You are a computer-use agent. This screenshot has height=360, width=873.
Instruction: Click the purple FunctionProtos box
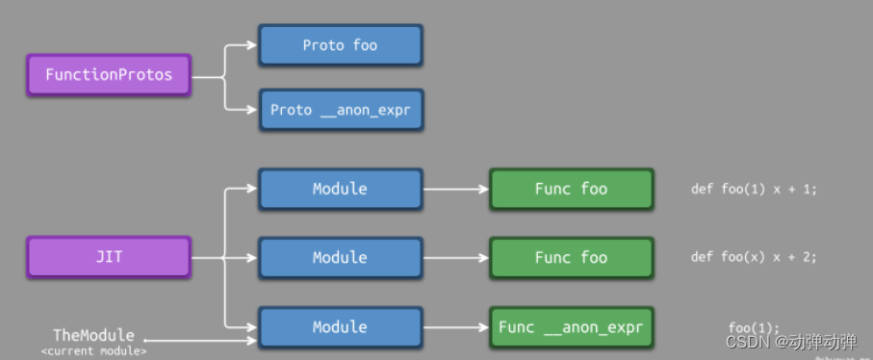click(x=109, y=75)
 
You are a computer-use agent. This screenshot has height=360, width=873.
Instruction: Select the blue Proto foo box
click(x=340, y=45)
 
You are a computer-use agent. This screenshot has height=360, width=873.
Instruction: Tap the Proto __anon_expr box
click(x=340, y=110)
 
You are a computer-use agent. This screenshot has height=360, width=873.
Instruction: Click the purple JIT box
click(x=109, y=258)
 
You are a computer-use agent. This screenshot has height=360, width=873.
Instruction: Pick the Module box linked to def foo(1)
click(x=340, y=189)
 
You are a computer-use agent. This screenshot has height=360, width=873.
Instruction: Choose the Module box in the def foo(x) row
click(x=340, y=257)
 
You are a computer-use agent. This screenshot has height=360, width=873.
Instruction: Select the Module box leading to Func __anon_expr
click(x=340, y=327)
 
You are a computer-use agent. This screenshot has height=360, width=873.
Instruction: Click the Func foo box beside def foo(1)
click(x=571, y=189)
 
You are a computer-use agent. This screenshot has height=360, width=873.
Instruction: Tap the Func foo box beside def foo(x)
click(x=571, y=257)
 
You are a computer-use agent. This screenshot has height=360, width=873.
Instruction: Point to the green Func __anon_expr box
click(x=571, y=327)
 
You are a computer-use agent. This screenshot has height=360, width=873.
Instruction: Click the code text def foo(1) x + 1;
click(x=754, y=189)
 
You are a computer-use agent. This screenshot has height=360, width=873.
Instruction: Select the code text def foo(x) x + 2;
click(x=754, y=257)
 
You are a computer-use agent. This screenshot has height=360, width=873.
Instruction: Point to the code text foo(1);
click(x=754, y=327)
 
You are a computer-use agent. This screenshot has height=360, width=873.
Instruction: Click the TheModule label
click(x=93, y=336)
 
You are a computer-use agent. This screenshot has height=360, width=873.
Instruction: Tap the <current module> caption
click(x=93, y=351)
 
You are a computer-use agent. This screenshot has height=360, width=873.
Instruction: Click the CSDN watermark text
click(x=790, y=342)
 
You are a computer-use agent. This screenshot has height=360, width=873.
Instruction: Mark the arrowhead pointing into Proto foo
click(x=252, y=45)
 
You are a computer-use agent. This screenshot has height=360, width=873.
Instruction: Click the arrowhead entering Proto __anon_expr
click(x=252, y=110)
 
